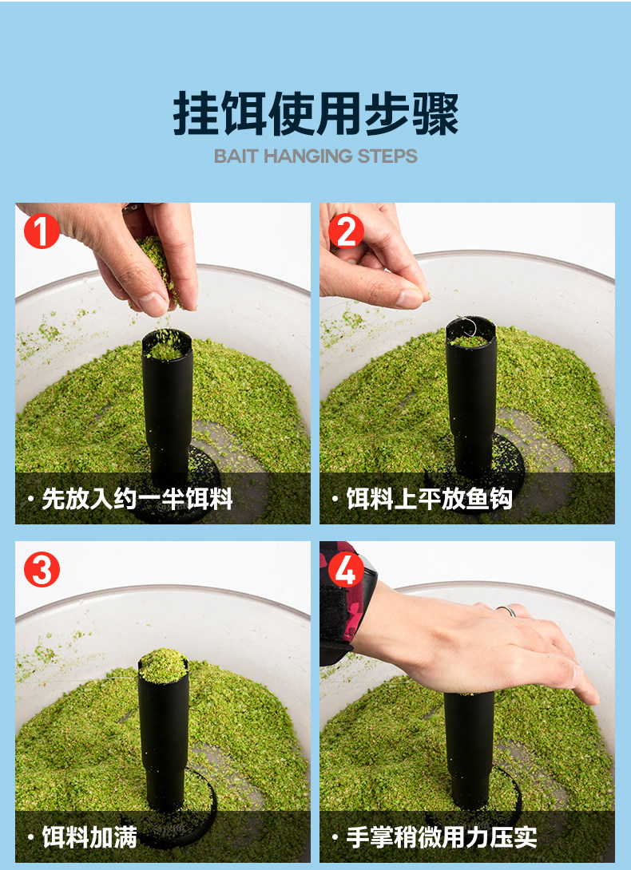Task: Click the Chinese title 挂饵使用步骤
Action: click(315, 114)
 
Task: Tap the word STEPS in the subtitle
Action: click(387, 156)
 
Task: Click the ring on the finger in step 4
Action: click(506, 611)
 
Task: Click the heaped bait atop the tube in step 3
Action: click(163, 665)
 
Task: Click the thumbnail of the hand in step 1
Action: click(153, 303)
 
